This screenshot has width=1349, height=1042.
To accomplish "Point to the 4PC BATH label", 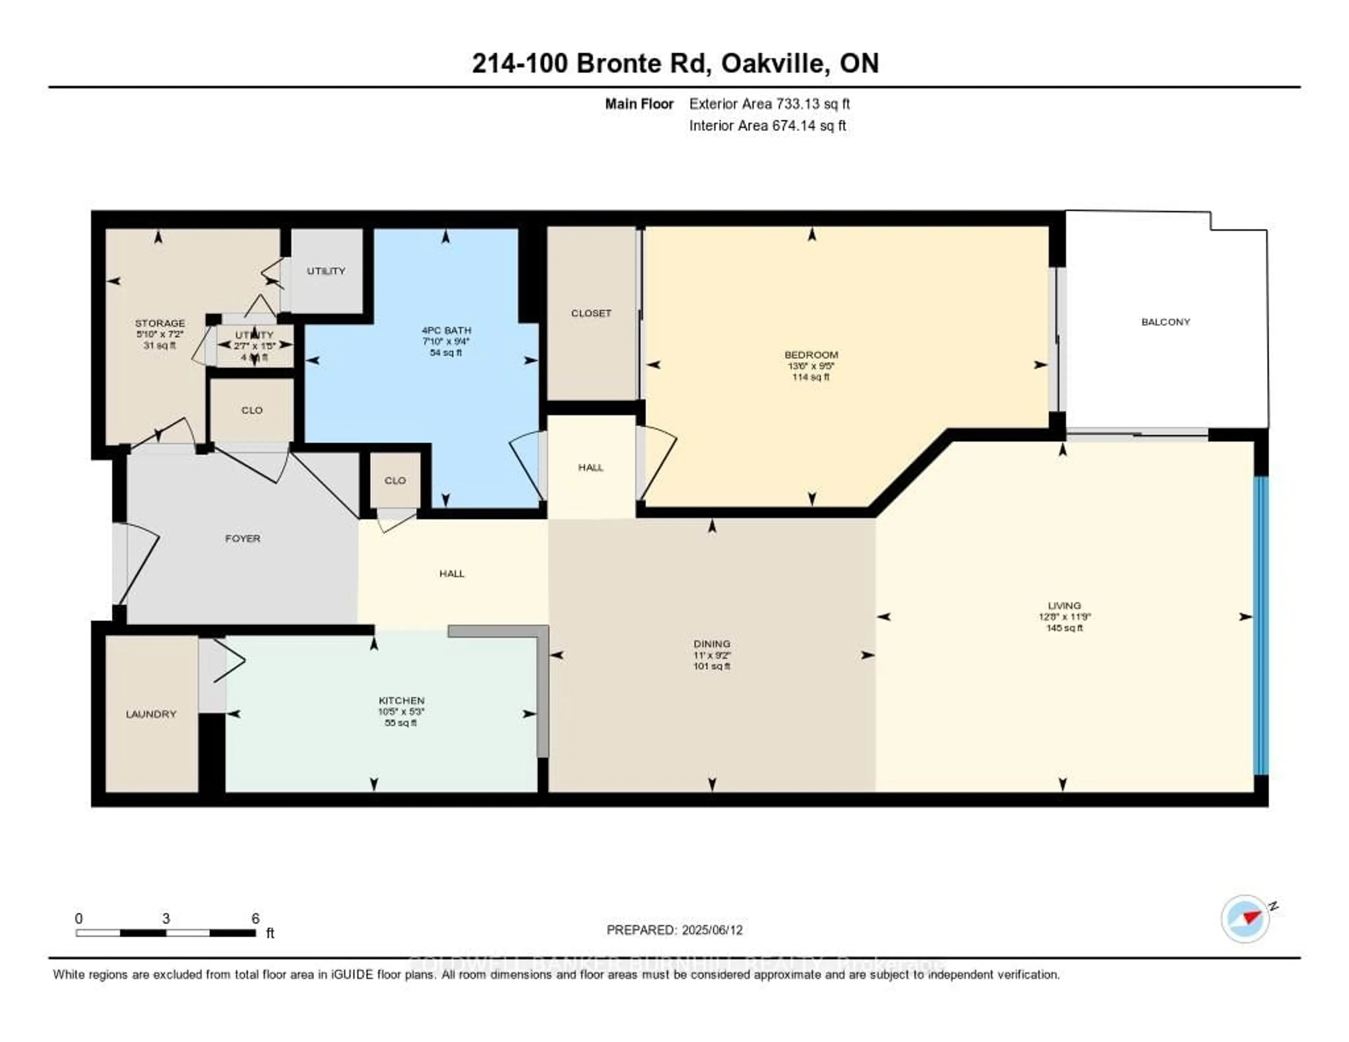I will point(446,331).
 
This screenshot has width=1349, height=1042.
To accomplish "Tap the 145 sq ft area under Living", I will point(1064,628).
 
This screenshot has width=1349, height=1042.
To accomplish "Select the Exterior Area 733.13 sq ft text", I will point(769,104).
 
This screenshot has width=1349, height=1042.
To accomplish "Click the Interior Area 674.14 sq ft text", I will point(767,126).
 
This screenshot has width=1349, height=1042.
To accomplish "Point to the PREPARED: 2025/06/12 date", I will point(674,930).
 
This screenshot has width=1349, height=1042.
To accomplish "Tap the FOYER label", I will point(243,539).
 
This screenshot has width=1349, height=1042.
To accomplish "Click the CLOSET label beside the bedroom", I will point(591,313).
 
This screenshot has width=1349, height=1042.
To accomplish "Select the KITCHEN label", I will point(402,701).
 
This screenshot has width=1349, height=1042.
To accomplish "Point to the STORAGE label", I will point(160,323).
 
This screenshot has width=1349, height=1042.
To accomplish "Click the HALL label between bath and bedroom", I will point(591,468).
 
